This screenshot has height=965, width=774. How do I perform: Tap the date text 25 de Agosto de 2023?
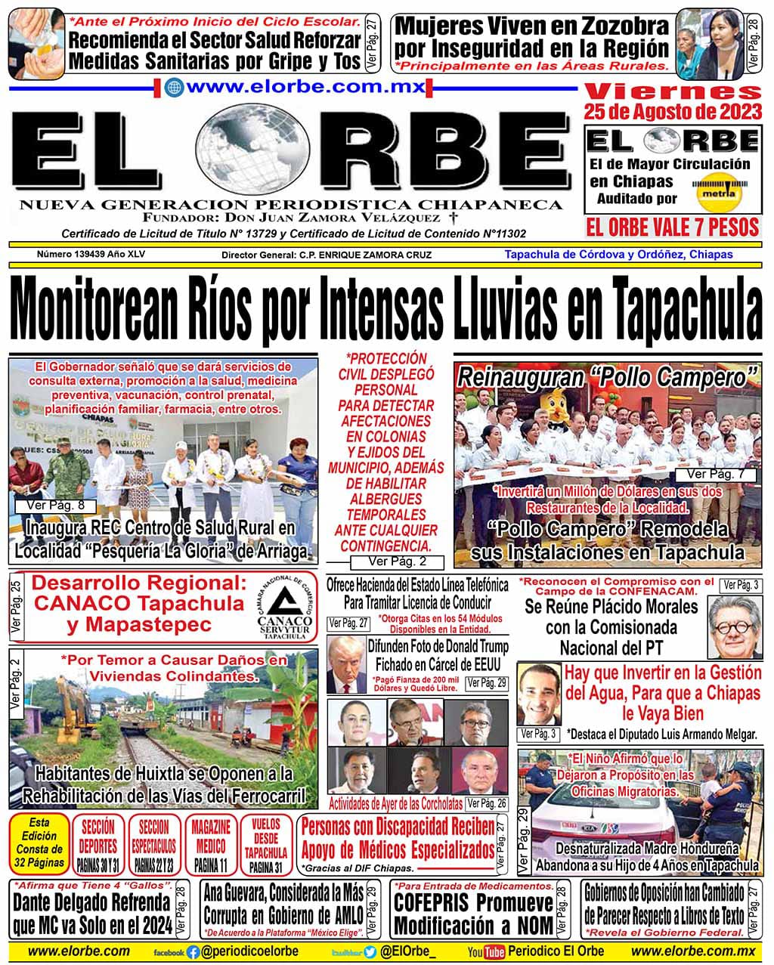pyautogui.click(x=673, y=113)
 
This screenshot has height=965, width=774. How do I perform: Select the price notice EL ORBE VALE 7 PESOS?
pyautogui.click(x=672, y=227)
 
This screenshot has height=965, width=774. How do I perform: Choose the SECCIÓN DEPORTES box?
pyautogui.click(x=98, y=844)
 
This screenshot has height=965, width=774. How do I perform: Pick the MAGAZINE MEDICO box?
pyautogui.click(x=210, y=844)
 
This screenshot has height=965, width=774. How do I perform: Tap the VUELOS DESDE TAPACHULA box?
pyautogui.click(x=266, y=844)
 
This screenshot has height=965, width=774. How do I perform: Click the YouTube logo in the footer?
pyautogui.click(x=485, y=952)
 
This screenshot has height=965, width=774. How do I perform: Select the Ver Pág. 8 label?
pyautogui.click(x=48, y=506)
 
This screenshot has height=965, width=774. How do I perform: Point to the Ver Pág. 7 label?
pyautogui.click(x=720, y=474)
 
